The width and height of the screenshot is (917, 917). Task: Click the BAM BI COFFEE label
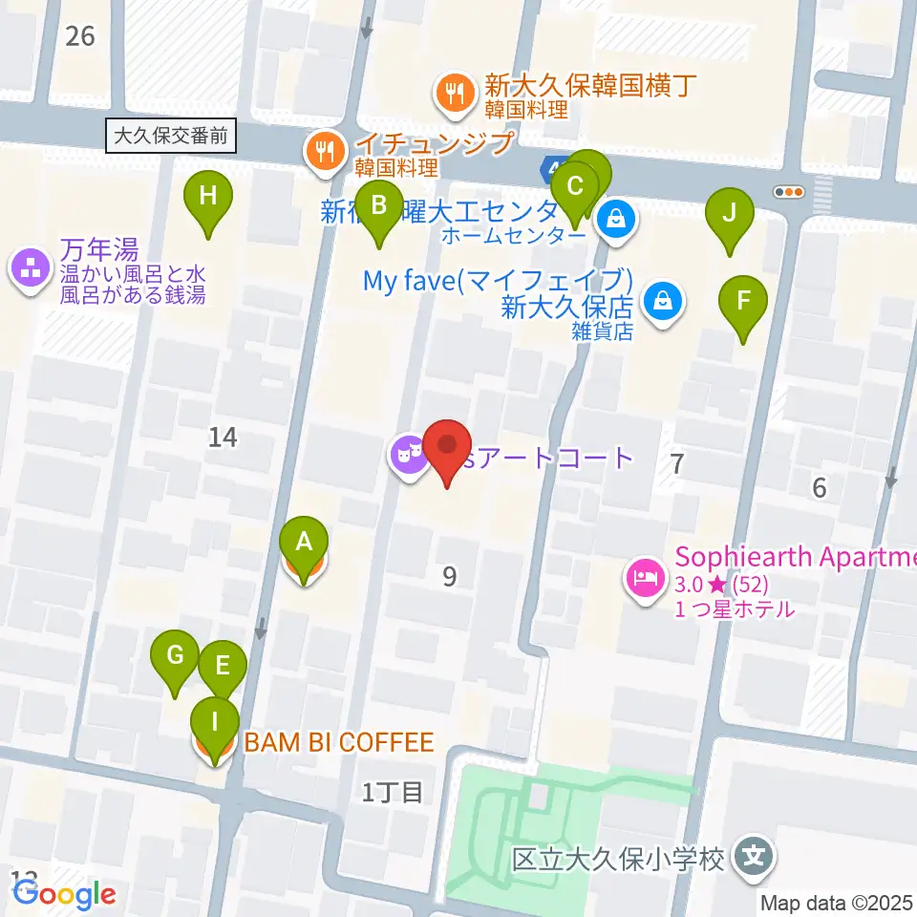[x=339, y=742]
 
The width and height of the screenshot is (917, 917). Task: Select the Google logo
[x=64, y=894]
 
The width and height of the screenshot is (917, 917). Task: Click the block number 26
[x=80, y=36]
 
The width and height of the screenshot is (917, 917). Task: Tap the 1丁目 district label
[x=393, y=791]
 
